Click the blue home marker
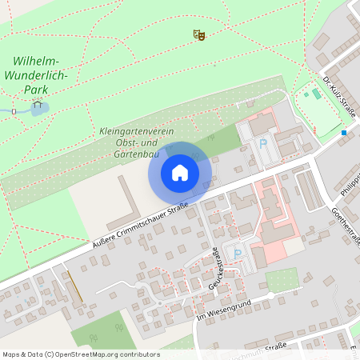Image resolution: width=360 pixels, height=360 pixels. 180,172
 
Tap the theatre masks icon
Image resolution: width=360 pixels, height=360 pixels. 199,34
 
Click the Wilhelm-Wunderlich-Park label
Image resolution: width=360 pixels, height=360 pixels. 41,75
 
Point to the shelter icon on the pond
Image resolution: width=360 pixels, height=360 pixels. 37,104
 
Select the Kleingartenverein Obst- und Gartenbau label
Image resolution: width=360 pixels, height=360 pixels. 130,141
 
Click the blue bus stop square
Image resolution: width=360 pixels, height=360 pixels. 344,132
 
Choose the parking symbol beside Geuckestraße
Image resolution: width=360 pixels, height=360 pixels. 236,254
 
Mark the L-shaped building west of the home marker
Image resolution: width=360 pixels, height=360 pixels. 120,206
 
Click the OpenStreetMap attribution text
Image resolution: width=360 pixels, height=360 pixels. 81,354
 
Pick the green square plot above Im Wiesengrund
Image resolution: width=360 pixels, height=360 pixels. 281,279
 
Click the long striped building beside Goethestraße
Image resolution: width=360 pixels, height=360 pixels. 308,189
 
